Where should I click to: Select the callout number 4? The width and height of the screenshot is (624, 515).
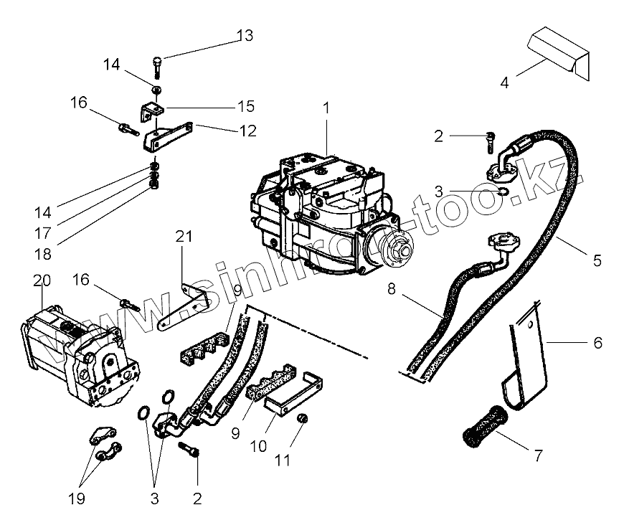504,82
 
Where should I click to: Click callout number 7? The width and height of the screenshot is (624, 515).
537,454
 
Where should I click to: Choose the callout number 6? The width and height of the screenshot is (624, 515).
597,344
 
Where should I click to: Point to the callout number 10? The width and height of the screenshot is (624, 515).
258,445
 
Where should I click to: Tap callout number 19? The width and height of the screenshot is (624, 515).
77,498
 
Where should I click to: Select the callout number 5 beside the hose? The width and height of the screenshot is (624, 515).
597,261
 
